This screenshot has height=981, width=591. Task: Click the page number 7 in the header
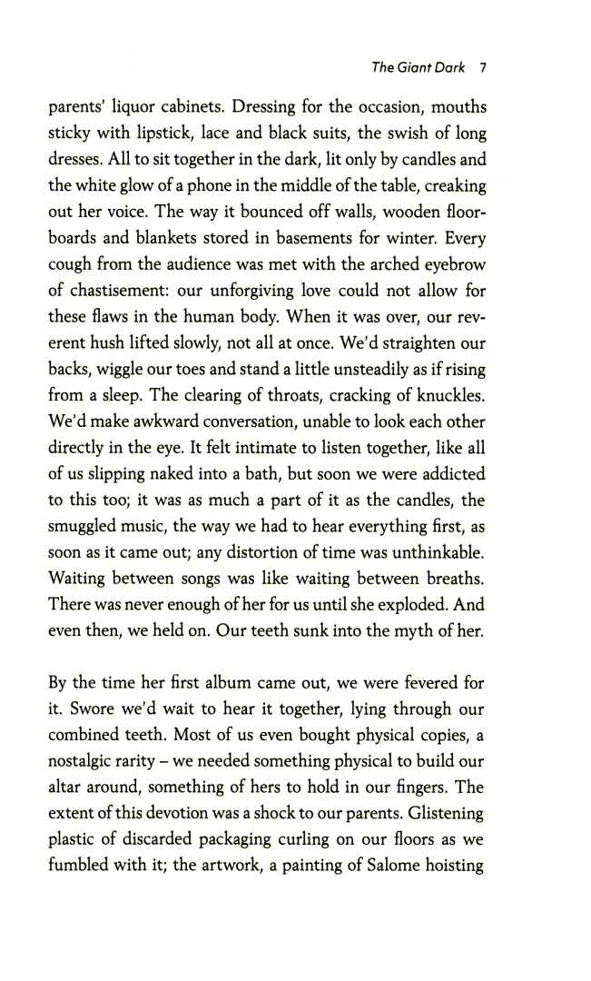(484, 68)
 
